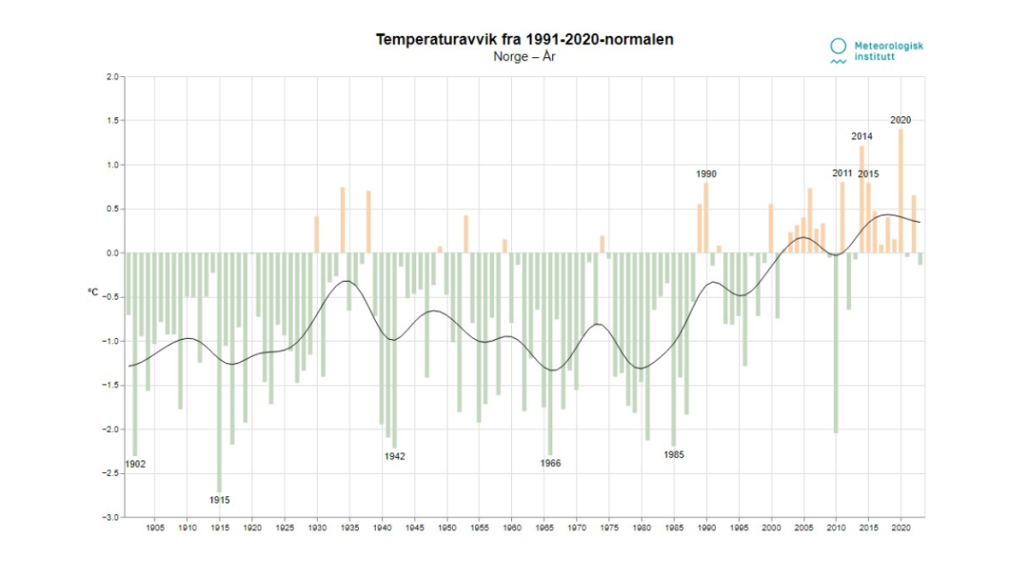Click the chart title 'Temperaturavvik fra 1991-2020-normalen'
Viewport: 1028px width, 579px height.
(x=524, y=40)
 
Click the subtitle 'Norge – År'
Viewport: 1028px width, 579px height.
(x=524, y=57)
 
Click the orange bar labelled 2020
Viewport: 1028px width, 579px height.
(x=900, y=190)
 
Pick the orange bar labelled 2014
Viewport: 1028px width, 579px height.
(x=861, y=199)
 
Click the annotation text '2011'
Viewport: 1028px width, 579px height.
(x=842, y=173)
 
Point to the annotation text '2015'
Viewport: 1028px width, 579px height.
(x=869, y=174)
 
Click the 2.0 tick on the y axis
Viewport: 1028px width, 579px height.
(x=112, y=76)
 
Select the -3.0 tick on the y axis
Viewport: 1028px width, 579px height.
(x=111, y=517)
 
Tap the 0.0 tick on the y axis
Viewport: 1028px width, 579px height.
(x=112, y=253)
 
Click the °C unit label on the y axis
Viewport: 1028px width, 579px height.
(x=92, y=292)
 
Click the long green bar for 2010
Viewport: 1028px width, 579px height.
(x=836, y=343)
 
